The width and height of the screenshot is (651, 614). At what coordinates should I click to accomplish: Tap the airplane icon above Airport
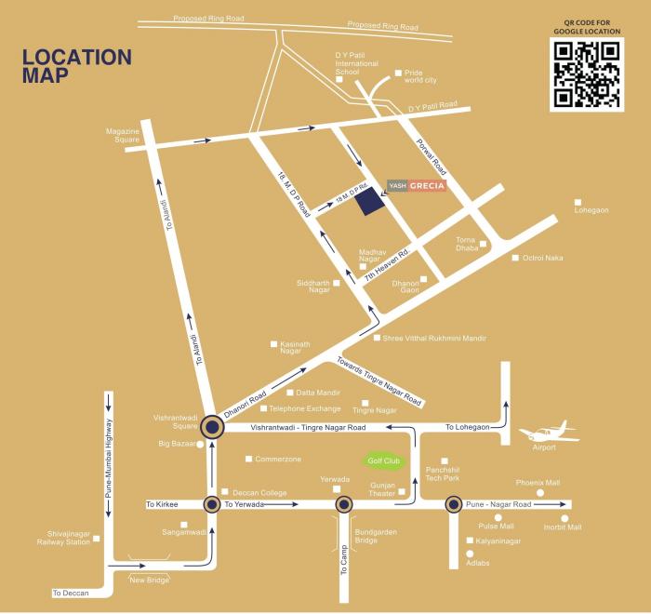tap(538, 433)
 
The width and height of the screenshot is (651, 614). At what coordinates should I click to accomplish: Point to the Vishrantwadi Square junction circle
tap(213, 427)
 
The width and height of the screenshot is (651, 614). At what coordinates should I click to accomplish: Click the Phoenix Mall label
tap(538, 483)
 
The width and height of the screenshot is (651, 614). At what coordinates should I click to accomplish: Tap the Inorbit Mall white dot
tap(564, 517)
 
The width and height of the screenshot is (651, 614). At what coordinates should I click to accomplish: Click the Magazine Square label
tap(122, 136)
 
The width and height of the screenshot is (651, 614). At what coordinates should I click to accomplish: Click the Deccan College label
tap(258, 492)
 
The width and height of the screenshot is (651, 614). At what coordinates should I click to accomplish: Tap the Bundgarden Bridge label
tap(366, 537)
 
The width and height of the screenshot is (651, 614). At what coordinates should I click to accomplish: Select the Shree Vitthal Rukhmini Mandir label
tap(434, 339)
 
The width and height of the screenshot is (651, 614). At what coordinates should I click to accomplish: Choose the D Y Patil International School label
tap(356, 63)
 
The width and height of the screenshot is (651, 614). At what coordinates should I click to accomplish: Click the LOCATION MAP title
tap(77, 66)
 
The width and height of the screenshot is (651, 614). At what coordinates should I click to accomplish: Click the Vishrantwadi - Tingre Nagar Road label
tap(308, 427)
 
